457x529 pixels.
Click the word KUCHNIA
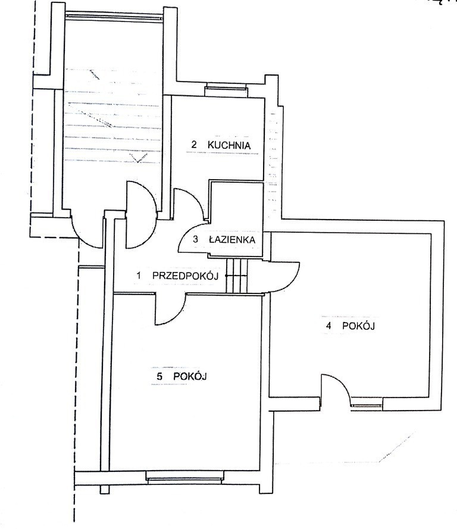tap(229, 145)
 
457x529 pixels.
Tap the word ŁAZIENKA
tap(232, 240)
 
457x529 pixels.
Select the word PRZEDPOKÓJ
tap(185, 276)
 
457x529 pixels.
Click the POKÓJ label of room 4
tap(358, 326)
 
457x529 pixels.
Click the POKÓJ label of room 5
tap(190, 376)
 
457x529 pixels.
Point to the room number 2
tap(194, 145)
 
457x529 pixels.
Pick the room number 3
tap(196, 240)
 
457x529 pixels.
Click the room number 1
tap(139, 276)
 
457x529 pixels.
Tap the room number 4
tap(328, 326)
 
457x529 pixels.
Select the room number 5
tap(159, 376)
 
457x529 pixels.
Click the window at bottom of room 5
tap(185, 478)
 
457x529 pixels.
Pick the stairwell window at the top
tap(114, 17)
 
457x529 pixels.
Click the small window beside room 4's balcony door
tap(367, 405)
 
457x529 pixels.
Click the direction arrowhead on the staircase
tap(139, 158)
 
